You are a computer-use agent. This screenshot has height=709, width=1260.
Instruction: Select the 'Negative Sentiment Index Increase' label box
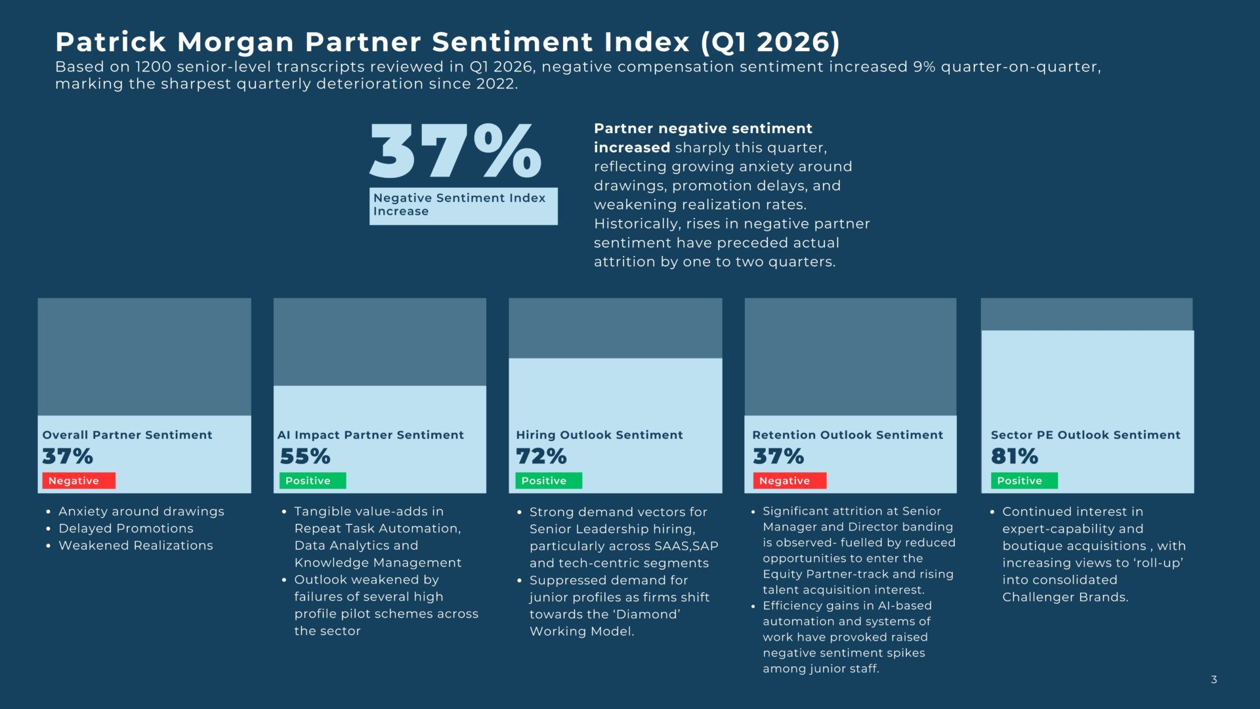(463, 205)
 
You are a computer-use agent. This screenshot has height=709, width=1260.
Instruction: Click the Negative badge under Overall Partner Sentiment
(78, 481)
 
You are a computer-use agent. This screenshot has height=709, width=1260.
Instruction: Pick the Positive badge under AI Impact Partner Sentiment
(312, 481)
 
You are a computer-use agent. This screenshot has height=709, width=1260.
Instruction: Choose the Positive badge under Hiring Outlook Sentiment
(548, 481)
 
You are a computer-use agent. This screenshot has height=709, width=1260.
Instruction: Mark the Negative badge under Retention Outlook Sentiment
(785, 481)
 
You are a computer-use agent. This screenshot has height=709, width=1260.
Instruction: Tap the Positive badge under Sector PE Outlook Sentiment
(1023, 481)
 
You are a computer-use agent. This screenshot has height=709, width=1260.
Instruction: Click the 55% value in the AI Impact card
(305, 456)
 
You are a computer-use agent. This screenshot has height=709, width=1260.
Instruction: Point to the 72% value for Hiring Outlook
(541, 456)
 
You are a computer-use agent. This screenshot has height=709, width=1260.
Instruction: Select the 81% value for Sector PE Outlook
(1014, 456)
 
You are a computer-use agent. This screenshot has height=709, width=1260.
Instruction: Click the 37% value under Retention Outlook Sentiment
(778, 456)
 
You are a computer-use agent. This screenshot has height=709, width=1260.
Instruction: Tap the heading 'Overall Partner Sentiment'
(127, 435)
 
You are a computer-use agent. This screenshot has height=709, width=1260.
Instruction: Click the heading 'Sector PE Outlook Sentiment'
(1085, 435)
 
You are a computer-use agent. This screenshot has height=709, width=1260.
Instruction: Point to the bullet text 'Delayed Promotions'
(126, 528)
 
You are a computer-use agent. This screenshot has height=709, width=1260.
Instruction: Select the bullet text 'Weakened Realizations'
(136, 546)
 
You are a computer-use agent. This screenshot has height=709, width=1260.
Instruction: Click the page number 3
(1213, 679)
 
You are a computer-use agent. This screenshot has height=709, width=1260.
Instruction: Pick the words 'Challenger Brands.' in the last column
(1065, 597)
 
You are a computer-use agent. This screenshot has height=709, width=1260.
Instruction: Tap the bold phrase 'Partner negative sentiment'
(703, 129)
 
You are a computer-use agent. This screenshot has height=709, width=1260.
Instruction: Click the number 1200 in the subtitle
(153, 67)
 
